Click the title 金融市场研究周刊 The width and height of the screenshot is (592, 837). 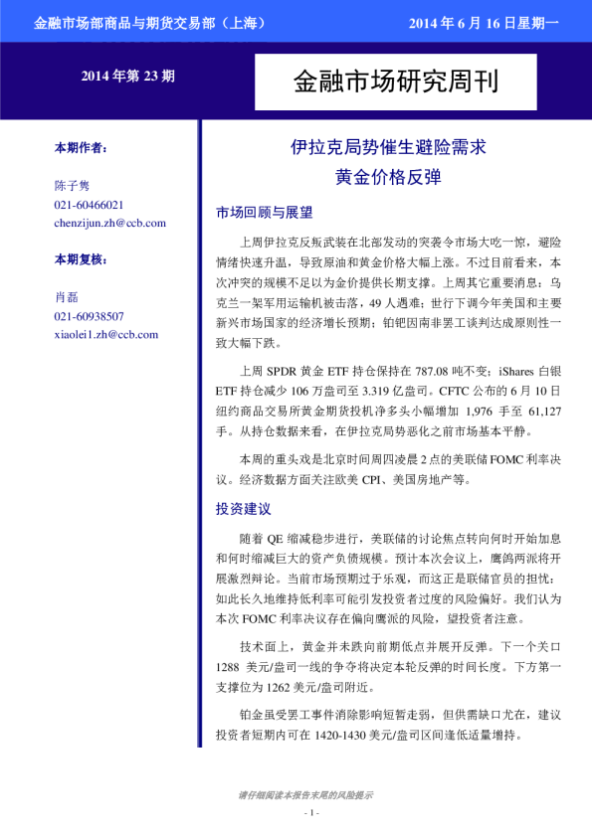coord(395,81)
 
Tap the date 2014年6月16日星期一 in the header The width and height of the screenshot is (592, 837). coord(484,21)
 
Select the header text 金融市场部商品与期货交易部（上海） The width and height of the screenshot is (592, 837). coord(148,21)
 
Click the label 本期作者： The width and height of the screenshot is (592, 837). coord(81,147)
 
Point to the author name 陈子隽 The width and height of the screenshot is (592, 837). coord(72,186)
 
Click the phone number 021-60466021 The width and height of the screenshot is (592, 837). coord(89,205)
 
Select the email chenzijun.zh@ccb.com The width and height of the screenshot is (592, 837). coord(109,223)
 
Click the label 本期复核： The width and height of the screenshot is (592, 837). coord(81,259)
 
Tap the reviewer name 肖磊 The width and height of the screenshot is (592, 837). coord(66,297)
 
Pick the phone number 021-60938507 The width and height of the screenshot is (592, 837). coord(89,316)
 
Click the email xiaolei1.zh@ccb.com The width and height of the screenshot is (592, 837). coord(105,334)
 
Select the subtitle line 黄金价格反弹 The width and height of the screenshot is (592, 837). coord(387,178)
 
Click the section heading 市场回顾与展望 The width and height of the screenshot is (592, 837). coord(264,213)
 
